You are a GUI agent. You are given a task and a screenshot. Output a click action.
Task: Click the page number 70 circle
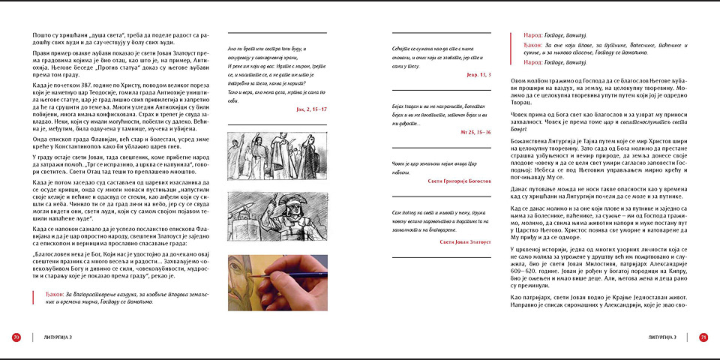[x=16, y=337]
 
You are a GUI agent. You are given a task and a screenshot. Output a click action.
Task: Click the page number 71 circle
[x=703, y=337]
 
